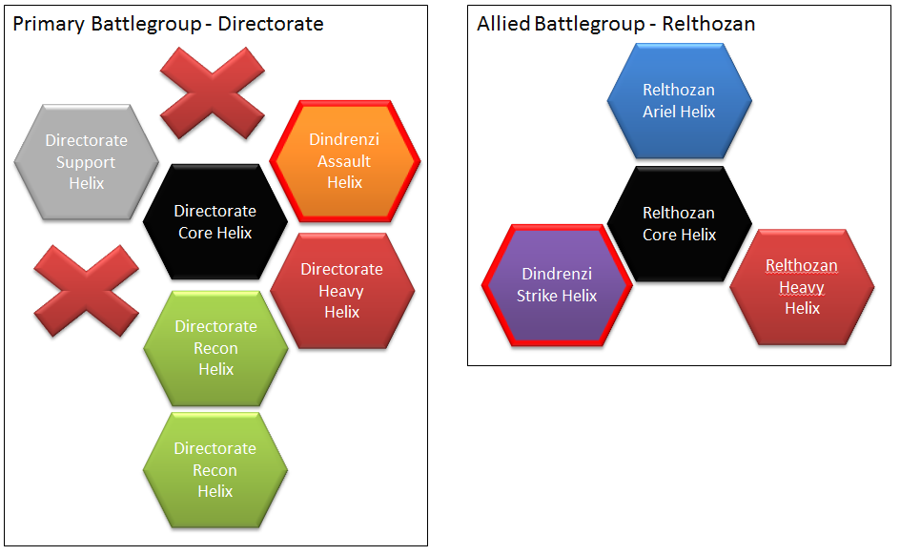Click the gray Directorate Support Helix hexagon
(86, 161)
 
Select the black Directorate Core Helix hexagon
(215, 221)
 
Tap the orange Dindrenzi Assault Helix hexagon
(344, 160)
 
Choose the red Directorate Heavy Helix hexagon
(341, 290)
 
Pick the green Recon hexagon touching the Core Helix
(215, 347)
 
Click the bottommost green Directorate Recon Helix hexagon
(215, 469)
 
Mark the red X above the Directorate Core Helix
(211, 94)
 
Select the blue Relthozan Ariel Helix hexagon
(679, 100)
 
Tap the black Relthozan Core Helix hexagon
(679, 223)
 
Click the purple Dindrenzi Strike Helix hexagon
(557, 284)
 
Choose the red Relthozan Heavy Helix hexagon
(802, 286)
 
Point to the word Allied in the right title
(502, 24)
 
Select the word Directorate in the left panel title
(271, 24)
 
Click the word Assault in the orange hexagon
(344, 161)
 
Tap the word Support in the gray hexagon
(86, 162)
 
